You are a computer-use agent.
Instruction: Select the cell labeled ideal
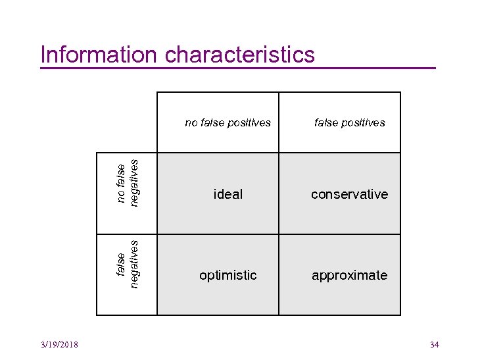pos(228,194)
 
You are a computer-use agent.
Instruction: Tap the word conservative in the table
pos(349,194)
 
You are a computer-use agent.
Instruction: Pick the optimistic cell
pos(228,275)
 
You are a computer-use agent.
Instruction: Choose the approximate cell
pos(349,275)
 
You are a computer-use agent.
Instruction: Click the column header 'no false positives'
pos(228,122)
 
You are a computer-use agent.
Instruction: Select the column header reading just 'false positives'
pos(349,122)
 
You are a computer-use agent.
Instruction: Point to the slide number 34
pos(434,345)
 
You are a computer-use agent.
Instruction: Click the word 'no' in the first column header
pos(191,122)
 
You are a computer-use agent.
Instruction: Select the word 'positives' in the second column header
pos(363,122)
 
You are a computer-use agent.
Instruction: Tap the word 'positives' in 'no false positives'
pos(249,122)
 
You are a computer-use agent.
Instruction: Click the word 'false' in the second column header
pos(326,122)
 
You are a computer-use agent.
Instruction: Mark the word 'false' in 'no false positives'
pos(212,122)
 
